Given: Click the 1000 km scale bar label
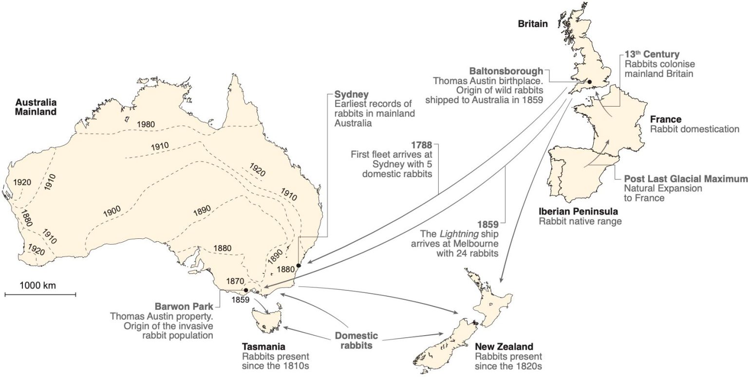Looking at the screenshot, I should click(38, 286).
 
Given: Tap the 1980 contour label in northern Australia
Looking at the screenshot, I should click(146, 124).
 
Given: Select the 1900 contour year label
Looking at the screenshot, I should click(112, 211).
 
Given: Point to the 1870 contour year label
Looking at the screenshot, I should click(236, 281).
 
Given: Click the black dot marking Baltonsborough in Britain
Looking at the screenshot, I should click(589, 82).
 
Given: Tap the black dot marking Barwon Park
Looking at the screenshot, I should click(246, 290).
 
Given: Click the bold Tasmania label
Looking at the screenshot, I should click(262, 346).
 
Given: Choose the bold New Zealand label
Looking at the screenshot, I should click(504, 346).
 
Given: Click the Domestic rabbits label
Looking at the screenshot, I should click(356, 341).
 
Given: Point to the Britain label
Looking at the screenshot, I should click(534, 23).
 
